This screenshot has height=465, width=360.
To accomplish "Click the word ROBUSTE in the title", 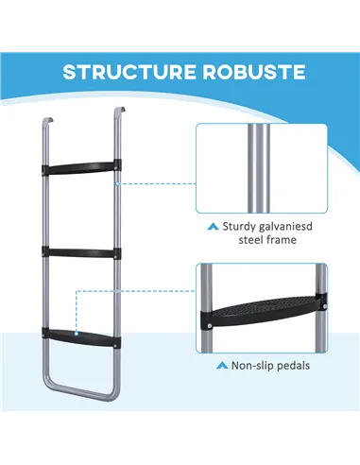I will [x=247, y=72].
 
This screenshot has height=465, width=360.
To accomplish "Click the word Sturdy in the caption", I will [x=244, y=227].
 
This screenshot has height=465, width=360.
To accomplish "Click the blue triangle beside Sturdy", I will [x=214, y=227].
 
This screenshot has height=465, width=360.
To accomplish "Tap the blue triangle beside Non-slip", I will [x=221, y=364].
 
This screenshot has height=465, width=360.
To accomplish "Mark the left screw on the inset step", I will [x=206, y=326].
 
